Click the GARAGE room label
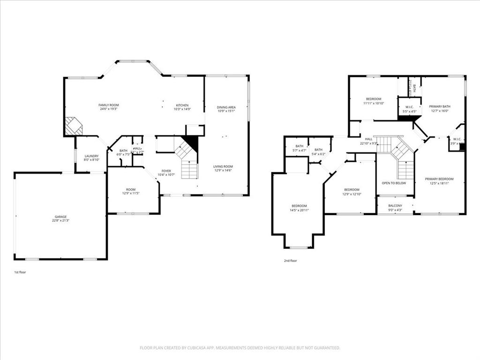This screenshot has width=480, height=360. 60,217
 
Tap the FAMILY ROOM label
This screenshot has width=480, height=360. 109,105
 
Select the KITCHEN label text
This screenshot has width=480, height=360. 182,105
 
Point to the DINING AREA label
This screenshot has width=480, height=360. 226,107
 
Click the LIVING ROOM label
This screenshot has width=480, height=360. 223,166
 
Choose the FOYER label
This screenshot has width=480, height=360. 166,171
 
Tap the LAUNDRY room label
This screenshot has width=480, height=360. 91,156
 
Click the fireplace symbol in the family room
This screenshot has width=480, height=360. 73,126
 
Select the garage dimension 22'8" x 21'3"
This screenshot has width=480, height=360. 60,221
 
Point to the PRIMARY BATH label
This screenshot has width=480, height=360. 440,106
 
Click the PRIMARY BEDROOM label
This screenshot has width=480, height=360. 440,179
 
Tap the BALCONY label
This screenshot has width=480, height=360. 395,206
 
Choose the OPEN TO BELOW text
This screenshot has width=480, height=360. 394,183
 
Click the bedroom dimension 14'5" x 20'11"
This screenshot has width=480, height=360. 299,210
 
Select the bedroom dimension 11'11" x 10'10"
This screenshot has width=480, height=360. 374,103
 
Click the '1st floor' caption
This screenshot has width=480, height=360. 20,272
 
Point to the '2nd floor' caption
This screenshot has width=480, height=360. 290,261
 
